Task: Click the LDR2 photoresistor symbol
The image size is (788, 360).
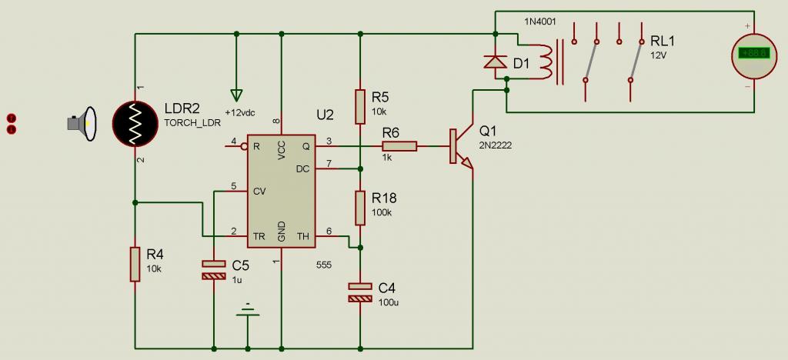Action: pyautogui.click(x=135, y=124)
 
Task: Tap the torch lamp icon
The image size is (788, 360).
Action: pyautogui.click(x=81, y=124)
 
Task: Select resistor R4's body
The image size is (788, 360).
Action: pyautogui.click(x=135, y=264)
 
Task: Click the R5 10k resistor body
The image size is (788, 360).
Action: pyautogui.click(x=360, y=106)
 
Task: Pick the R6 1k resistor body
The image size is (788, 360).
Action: pyautogui.click(x=399, y=146)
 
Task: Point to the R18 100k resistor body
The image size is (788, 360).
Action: pyautogui.click(x=360, y=208)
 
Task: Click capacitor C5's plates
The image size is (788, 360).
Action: pyautogui.click(x=214, y=270)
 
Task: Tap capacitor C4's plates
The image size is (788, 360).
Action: pyautogui.click(x=360, y=293)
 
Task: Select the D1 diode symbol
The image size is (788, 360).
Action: pyautogui.click(x=495, y=62)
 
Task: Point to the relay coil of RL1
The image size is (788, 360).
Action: pyautogui.click(x=546, y=62)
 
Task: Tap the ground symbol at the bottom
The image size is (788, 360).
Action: pyautogui.click(x=247, y=309)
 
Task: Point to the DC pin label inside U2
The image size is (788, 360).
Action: pyautogui.click(x=303, y=168)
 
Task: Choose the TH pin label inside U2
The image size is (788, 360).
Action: pyautogui.click(x=303, y=236)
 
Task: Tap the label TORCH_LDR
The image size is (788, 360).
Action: pyautogui.click(x=192, y=122)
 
